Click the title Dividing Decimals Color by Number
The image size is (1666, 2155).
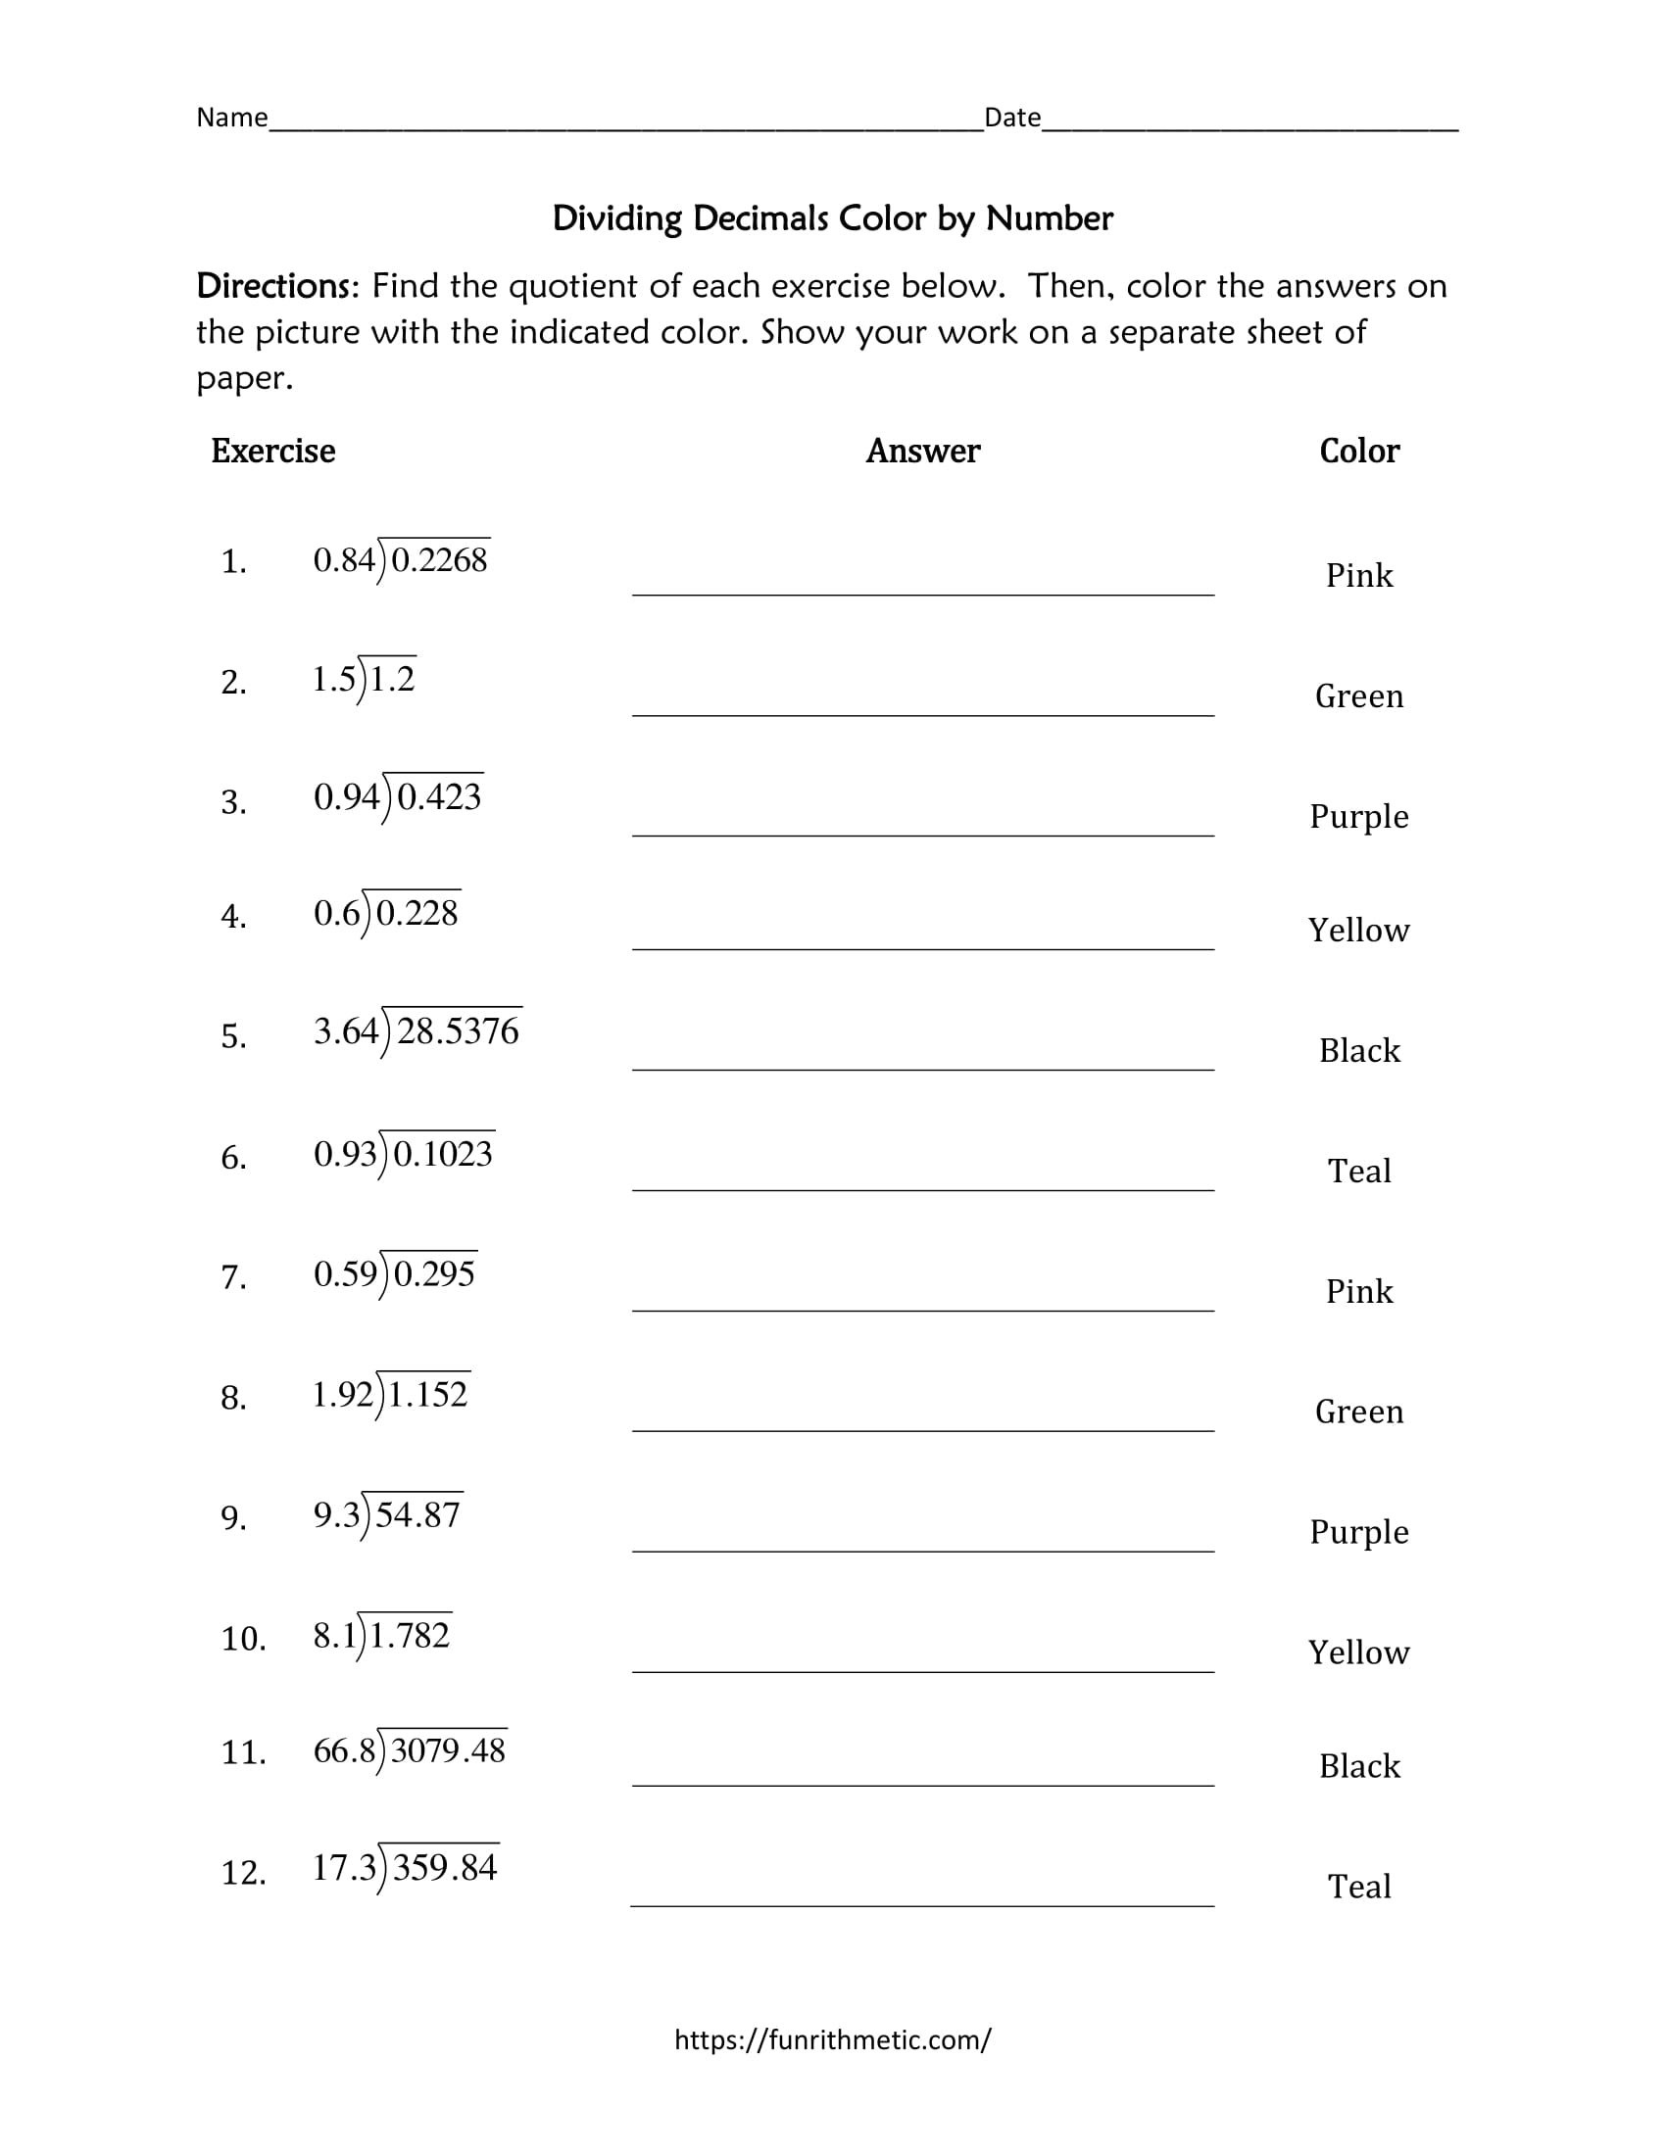pos(832,218)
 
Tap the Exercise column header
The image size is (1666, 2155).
pos(272,451)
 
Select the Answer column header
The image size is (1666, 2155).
pos(923,451)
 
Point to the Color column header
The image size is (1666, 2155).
pos(1359,451)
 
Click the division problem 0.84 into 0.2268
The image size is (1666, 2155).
pos(401,560)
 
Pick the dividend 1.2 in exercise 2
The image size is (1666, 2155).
pos(392,679)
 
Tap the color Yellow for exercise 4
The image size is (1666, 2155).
pos(1359,930)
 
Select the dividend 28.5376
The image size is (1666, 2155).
pos(458,1031)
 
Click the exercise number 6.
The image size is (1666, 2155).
pos(234,1157)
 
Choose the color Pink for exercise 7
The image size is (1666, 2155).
pos(1359,1291)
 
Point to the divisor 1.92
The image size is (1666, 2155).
pos(342,1394)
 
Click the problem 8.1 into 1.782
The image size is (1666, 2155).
pos(382,1636)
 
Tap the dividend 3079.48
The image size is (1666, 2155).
pos(448,1751)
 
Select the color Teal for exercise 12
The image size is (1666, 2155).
pos(1359,1886)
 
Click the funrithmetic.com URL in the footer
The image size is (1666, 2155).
pos(832,2039)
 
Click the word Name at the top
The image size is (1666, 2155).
pos(232,118)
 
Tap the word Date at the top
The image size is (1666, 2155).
pos(1012,118)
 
